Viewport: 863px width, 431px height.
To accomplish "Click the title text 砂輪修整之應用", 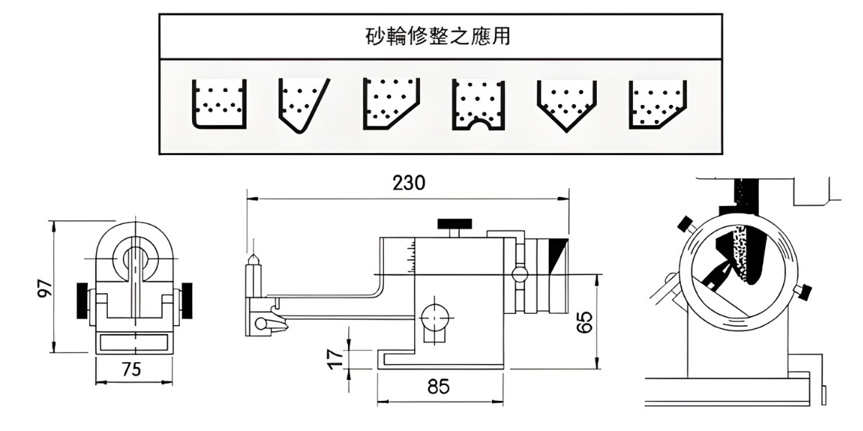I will [438, 37].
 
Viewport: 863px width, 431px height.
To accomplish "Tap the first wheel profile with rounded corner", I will [219, 104].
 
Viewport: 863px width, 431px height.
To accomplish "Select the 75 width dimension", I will [131, 370].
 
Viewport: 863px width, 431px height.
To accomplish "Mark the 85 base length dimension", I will [439, 386].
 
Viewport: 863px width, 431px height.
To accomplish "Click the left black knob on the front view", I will [82, 300].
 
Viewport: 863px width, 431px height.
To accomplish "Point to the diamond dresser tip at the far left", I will [252, 261].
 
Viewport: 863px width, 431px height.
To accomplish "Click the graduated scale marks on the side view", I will [411, 254].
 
